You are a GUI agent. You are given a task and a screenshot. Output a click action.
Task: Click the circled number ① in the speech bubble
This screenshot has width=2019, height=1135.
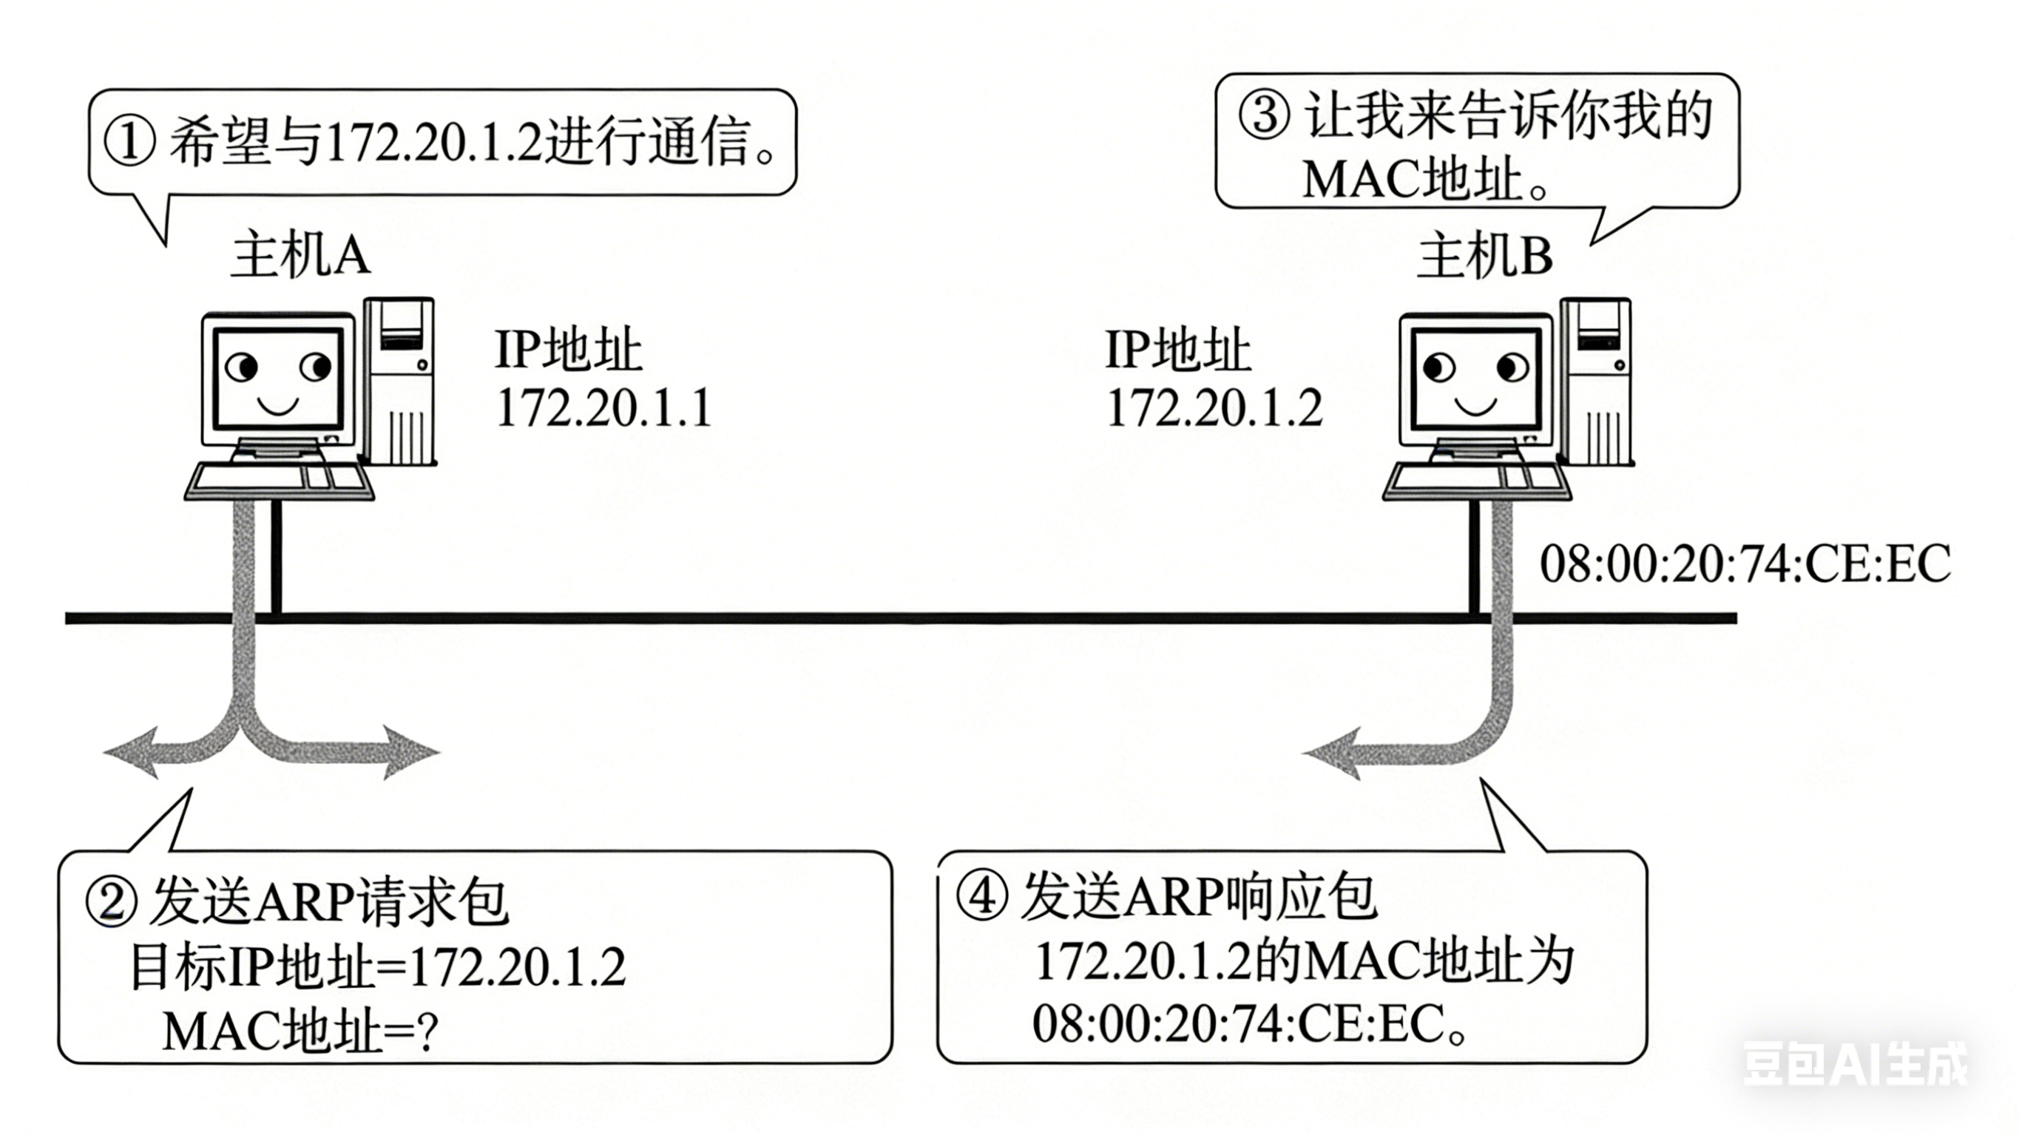[x=130, y=143]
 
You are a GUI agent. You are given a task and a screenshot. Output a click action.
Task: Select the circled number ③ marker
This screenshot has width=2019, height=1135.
[x=1263, y=116]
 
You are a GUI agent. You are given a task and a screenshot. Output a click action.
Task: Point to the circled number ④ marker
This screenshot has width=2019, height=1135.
[x=982, y=895]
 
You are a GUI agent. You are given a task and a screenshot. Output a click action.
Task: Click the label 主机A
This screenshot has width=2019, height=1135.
[x=300, y=256]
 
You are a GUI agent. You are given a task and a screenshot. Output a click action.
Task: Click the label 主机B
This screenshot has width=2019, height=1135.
[x=1485, y=256]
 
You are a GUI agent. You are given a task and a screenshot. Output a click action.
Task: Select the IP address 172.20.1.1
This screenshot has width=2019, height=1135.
[x=603, y=407]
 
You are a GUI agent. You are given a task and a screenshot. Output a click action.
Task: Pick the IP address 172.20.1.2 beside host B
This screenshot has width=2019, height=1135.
[x=1214, y=407]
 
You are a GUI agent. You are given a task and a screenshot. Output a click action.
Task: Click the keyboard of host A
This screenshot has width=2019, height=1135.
[x=279, y=480]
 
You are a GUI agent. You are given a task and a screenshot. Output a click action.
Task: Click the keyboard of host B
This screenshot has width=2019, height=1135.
[x=1477, y=480]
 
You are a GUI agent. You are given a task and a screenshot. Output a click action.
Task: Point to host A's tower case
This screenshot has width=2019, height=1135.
[x=399, y=380]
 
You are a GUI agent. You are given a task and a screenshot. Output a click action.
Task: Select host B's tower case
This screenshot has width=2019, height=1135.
[x=1597, y=380]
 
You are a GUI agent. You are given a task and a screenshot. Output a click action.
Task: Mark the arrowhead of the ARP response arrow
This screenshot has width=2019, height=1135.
[x=1333, y=754]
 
